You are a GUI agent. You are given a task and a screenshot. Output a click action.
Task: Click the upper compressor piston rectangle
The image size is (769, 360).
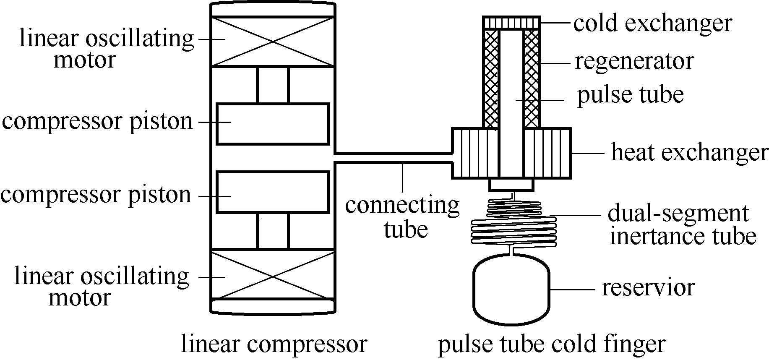point(272,124)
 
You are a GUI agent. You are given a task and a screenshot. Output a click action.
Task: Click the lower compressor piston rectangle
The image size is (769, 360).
point(272,192)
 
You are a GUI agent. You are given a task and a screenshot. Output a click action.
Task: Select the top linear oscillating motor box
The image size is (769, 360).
point(272,42)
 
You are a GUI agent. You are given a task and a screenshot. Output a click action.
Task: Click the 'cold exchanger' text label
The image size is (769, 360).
point(652,23)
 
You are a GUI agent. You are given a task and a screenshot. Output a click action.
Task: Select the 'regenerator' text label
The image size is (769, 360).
point(634,61)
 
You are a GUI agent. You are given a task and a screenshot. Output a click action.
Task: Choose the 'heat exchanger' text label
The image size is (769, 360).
point(690,152)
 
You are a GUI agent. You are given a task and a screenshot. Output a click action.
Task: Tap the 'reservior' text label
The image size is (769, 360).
point(648,288)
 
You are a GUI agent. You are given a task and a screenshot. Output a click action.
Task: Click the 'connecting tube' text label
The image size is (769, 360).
point(402,217)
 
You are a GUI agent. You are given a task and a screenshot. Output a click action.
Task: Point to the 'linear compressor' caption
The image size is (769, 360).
point(274,344)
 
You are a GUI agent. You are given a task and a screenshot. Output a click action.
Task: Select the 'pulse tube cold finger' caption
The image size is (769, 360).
point(552,344)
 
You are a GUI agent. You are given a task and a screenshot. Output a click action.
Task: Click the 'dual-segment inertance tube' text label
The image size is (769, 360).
point(682,225)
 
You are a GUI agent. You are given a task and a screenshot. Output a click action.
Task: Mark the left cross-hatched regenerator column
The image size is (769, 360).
point(491,79)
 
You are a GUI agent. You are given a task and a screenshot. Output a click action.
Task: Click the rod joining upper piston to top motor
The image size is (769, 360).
point(273,85)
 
